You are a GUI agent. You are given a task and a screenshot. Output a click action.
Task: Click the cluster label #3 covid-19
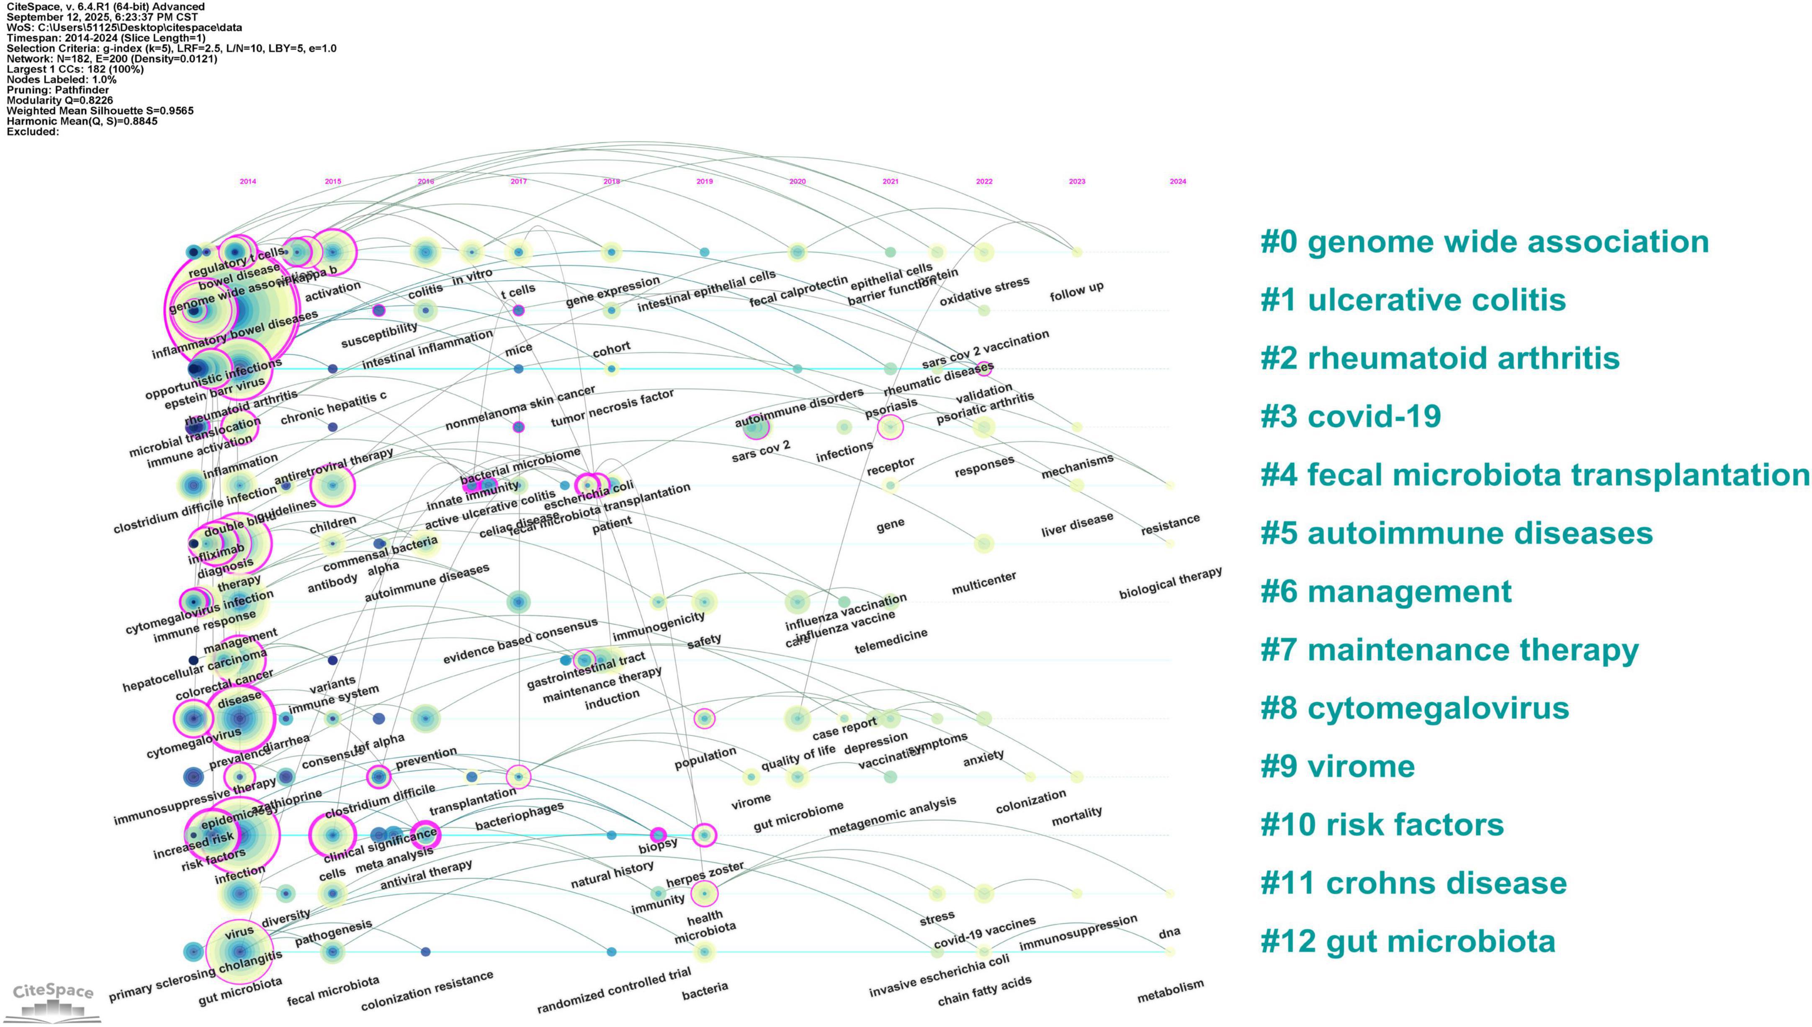tap(1350, 417)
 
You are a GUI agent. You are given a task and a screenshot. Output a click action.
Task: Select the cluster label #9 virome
tap(1337, 767)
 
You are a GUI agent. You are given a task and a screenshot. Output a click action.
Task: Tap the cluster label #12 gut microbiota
tap(1407, 942)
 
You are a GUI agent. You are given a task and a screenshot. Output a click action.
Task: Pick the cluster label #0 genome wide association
tap(1484, 242)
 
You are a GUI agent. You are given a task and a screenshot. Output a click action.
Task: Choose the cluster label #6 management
tap(1385, 592)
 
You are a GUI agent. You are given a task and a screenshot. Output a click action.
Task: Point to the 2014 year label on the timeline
tap(248, 181)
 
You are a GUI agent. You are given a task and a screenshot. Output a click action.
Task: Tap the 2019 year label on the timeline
tap(704, 181)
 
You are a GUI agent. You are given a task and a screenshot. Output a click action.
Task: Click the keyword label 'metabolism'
tap(1170, 991)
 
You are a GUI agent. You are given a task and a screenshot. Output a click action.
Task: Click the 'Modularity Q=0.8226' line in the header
tap(59, 100)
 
